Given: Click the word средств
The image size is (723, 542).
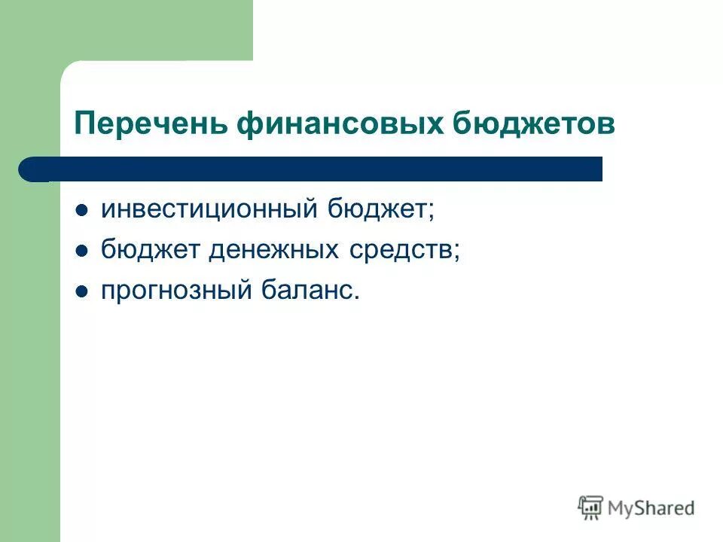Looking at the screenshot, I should (x=400, y=250).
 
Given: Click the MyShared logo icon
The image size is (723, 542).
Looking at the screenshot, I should (x=591, y=507).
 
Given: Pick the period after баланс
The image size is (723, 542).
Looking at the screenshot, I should (x=357, y=297).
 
